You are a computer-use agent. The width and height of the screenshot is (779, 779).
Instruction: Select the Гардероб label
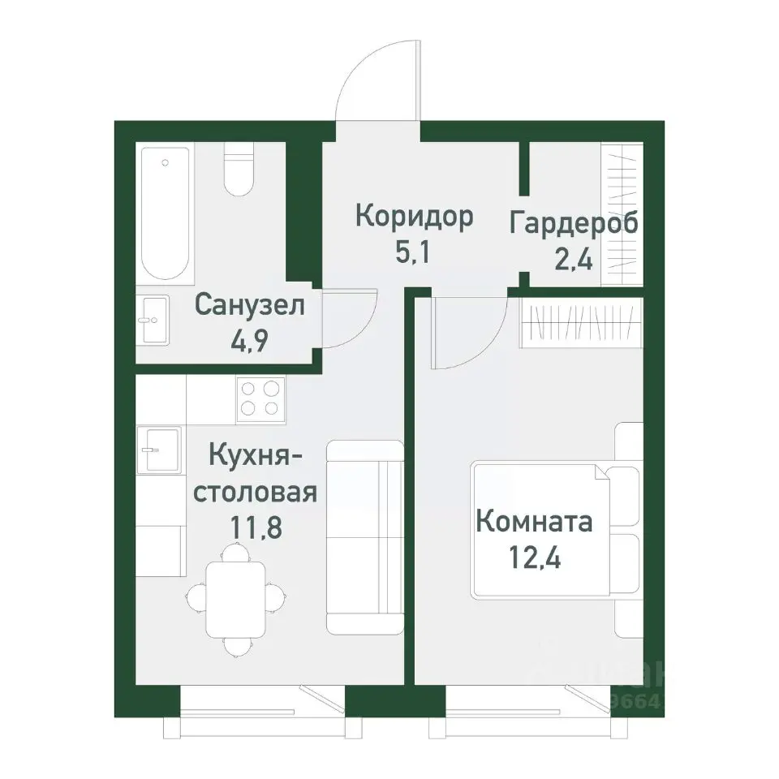pos(574,222)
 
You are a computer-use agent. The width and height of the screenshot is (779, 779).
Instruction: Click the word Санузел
pos(249,306)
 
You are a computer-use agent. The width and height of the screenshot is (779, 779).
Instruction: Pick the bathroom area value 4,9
pos(249,339)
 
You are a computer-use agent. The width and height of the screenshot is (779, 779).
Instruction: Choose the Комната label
pos(534,522)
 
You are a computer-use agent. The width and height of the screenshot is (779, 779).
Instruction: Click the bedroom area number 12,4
pos(534,557)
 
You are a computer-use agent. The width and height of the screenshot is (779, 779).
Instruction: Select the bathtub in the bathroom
pos(166,213)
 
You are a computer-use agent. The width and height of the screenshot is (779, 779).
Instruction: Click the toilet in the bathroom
pos(239,172)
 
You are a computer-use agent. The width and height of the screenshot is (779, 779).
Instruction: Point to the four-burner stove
pos(260,400)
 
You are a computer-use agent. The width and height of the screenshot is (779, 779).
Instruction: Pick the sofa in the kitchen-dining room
pos(365,537)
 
